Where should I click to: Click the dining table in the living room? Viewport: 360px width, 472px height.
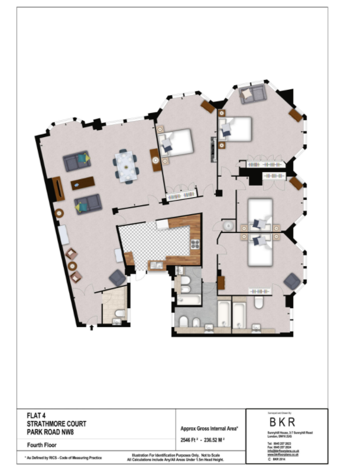click(125, 166)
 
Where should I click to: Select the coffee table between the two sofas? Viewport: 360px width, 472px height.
click(83, 183)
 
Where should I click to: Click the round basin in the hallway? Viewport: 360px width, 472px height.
click(228, 226)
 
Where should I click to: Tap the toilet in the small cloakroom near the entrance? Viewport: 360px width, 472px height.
click(119, 313)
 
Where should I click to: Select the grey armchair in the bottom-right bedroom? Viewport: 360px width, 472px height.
click(292, 282)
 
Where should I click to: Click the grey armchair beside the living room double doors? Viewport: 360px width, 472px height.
click(117, 277)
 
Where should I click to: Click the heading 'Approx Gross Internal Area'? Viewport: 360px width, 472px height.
click(210, 428)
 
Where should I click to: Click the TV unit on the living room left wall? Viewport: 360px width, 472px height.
click(57, 189)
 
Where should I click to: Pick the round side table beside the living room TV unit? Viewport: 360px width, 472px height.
click(60, 213)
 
